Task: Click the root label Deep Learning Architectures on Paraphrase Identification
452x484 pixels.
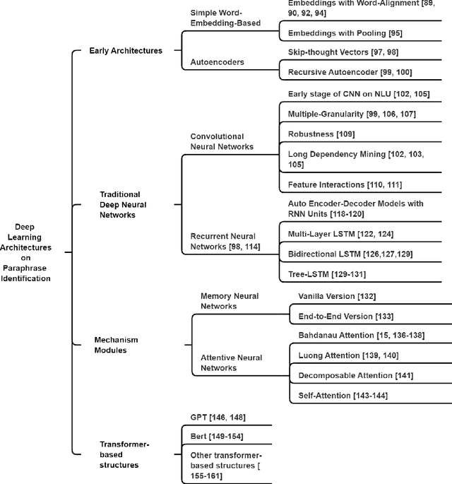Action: pos(32,252)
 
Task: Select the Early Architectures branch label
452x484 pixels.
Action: pos(125,50)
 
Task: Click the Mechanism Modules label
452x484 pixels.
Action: pos(116,345)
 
